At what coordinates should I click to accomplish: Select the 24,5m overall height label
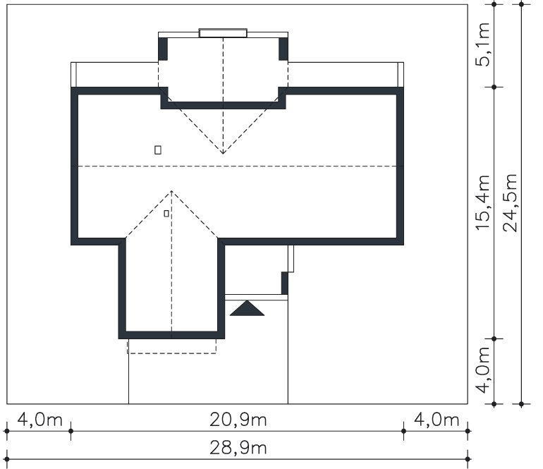pos(511,202)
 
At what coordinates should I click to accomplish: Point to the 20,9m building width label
pos(238,420)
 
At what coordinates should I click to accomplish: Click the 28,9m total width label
pos(238,448)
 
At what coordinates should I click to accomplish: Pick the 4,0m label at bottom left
pos(39,420)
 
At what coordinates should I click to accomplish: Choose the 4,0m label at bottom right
pos(437,420)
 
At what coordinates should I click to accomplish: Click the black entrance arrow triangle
pos(247,308)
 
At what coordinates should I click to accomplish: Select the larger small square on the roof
pos(157,150)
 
